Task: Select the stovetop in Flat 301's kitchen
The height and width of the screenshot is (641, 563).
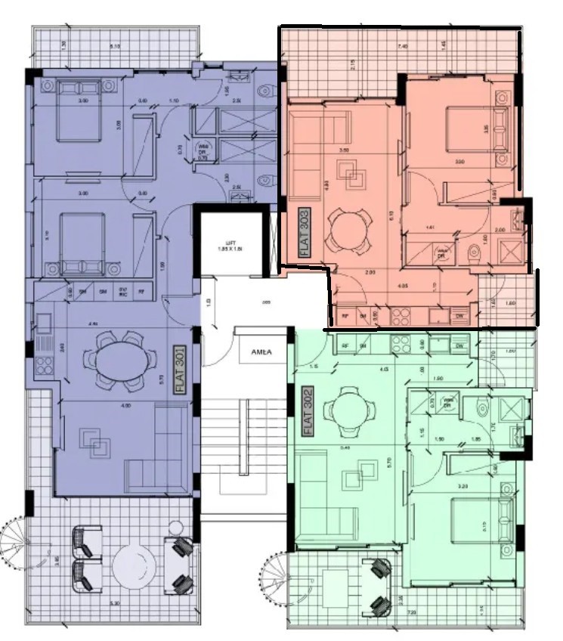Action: [42, 366]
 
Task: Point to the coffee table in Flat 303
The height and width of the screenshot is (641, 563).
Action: [352, 179]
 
